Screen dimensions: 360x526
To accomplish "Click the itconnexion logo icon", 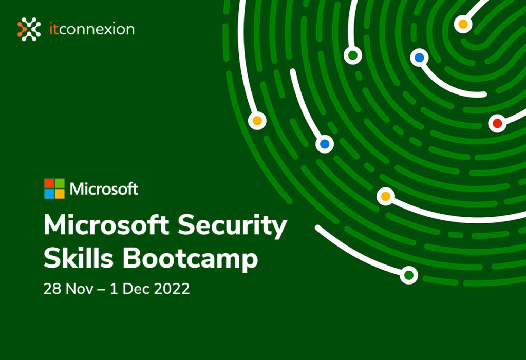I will point(29,29).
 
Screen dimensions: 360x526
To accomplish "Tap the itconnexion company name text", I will point(91,29).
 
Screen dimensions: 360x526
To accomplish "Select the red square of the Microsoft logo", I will point(49,184).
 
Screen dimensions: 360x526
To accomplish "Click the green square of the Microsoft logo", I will point(60,184).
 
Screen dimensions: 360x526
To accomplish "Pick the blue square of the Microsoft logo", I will point(49,194).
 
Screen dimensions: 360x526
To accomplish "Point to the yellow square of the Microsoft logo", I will point(60,194).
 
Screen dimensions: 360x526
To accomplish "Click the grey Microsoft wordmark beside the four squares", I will point(104,189).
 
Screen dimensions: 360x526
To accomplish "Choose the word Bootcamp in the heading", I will point(190,260).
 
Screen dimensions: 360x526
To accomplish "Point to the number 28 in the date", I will point(52,289).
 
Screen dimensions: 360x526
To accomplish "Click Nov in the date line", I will point(77,289).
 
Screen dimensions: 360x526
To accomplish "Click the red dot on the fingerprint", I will point(497,123).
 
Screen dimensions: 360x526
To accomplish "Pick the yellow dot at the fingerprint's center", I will point(463,24).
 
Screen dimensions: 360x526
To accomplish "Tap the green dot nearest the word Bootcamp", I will point(409,275).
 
